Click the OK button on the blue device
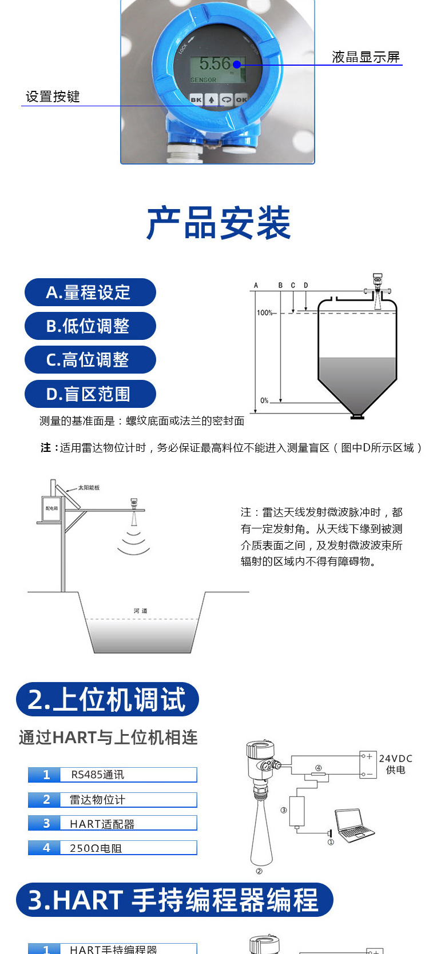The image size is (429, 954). [x=241, y=99]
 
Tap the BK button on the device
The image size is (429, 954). [x=196, y=99]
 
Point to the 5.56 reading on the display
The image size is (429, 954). [x=215, y=63]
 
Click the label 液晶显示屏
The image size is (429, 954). [x=366, y=57]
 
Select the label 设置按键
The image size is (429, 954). [x=53, y=97]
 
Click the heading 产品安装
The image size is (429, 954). [x=219, y=223]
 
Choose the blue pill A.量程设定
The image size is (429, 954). [x=90, y=292]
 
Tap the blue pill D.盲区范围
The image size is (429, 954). [x=90, y=394]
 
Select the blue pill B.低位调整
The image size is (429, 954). [x=90, y=326]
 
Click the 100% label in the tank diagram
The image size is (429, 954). [x=264, y=312]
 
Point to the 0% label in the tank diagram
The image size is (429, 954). [x=264, y=400]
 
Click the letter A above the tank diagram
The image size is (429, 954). [x=256, y=285]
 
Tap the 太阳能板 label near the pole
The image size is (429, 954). [x=89, y=488]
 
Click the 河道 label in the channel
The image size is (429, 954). [x=141, y=611]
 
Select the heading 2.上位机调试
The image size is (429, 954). [x=107, y=700]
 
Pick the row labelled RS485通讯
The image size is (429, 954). [x=112, y=775]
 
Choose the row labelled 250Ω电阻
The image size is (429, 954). [x=112, y=848]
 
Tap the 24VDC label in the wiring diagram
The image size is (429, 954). [x=395, y=759]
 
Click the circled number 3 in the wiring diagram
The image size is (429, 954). [x=284, y=810]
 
